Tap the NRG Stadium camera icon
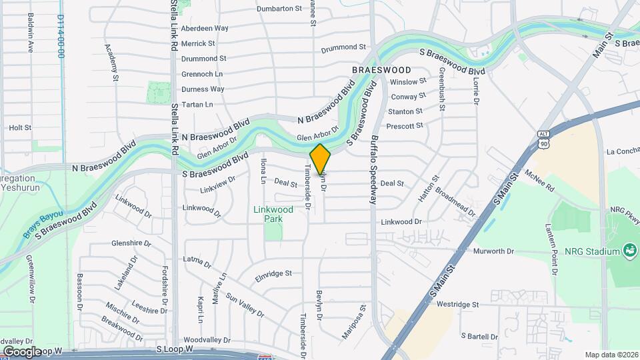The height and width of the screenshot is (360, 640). (629, 251)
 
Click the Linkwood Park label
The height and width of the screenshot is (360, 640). (273, 213)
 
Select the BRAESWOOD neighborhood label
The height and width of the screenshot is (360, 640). (381, 69)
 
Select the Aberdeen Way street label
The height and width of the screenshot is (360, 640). (205, 29)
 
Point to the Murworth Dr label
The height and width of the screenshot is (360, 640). (493, 251)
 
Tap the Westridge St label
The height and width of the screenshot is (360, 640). (458, 304)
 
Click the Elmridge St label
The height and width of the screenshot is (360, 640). (273, 273)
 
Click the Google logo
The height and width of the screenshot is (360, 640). (22, 351)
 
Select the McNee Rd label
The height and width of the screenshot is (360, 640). (539, 181)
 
